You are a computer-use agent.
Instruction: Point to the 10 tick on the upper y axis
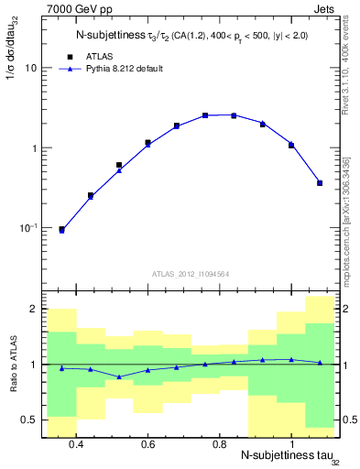31,69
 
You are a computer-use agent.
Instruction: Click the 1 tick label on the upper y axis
34,148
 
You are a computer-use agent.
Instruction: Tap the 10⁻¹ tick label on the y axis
28,228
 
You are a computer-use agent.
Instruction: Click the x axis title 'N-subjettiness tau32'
284,457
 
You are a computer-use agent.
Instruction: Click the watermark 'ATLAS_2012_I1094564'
190,273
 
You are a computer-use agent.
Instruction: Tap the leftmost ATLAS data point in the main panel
61,229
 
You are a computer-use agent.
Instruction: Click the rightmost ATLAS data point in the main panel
320,183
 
